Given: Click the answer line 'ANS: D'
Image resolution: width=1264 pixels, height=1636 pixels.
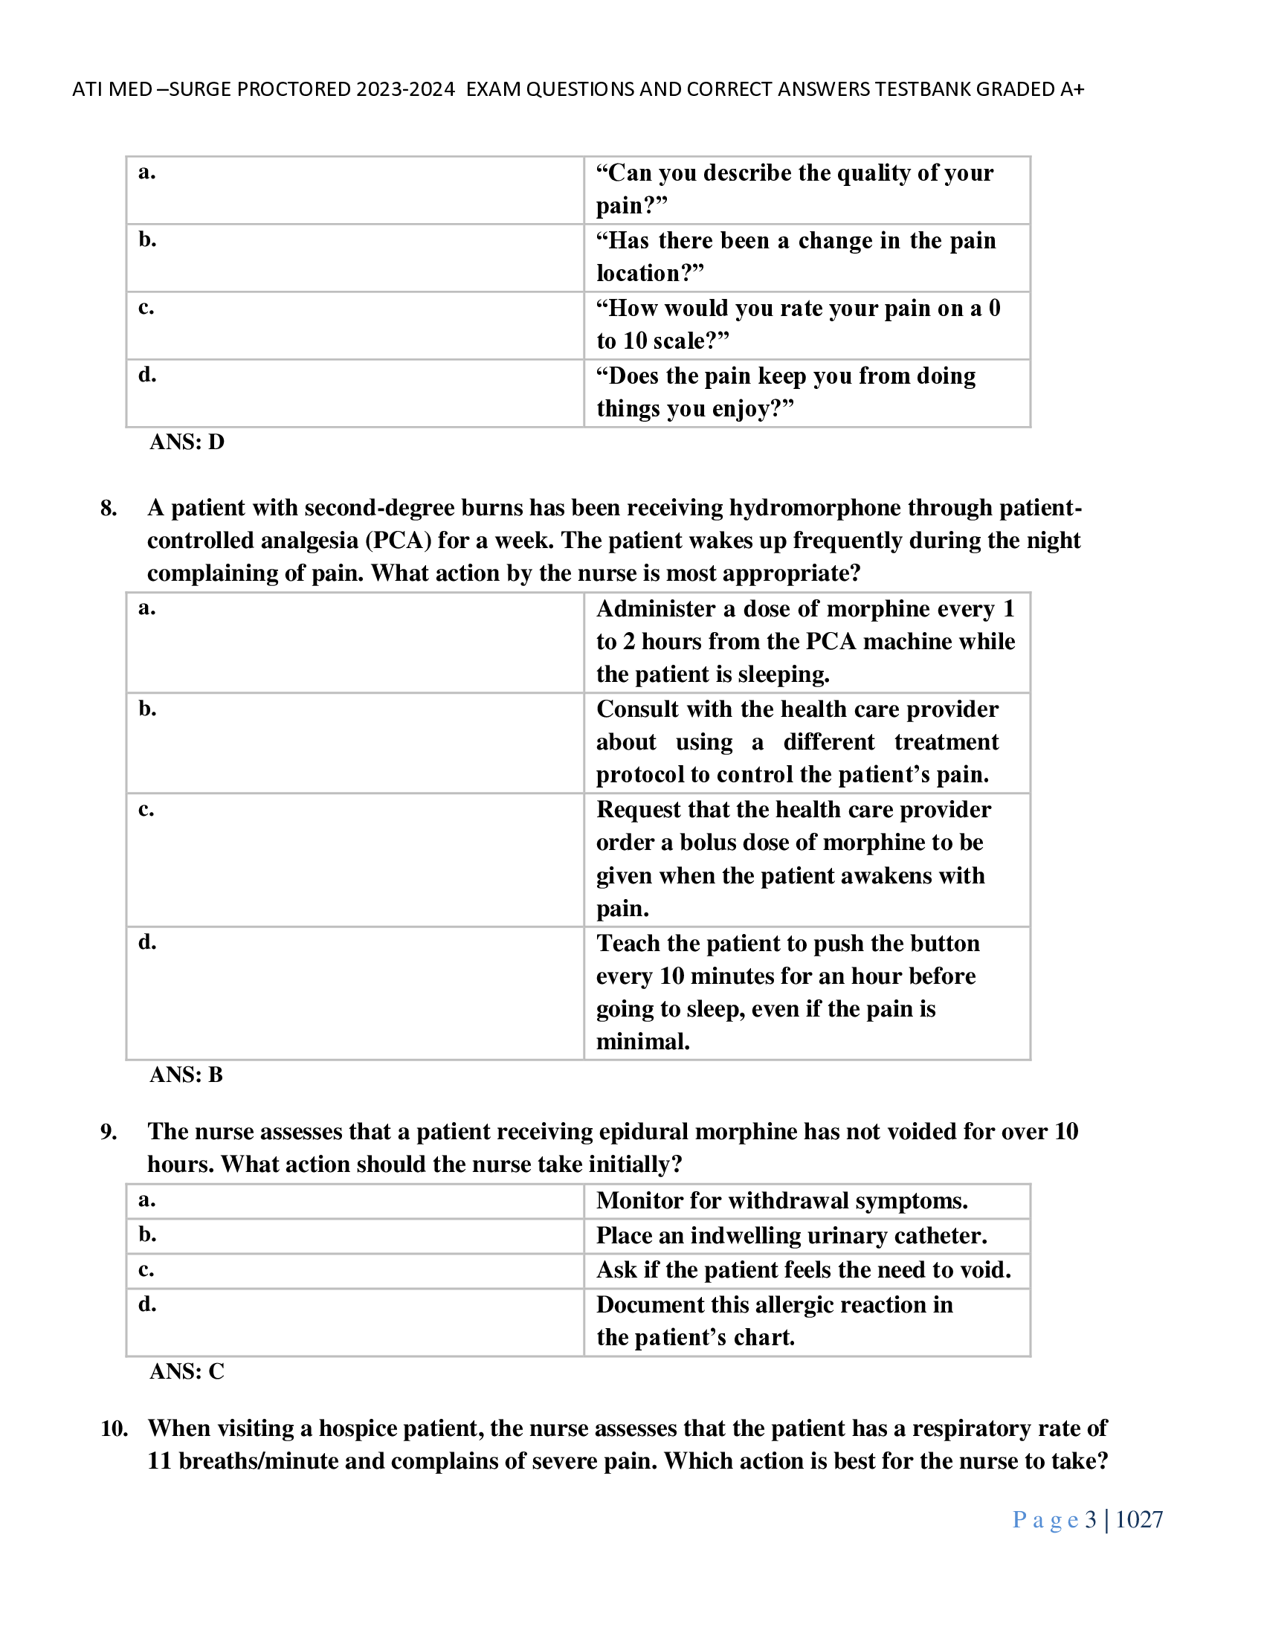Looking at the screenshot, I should coord(187,442).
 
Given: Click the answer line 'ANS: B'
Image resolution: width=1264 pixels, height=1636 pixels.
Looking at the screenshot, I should coord(186,1075).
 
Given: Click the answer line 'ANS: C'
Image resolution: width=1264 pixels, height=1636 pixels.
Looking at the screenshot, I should coord(187,1371).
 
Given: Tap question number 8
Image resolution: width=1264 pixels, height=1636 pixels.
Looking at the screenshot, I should coord(109,508).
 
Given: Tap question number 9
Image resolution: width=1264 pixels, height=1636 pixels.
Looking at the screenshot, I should coord(109,1131).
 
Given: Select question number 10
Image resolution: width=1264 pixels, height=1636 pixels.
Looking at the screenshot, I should coord(114,1429).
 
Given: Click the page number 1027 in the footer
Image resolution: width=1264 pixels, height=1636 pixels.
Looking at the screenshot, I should coord(1139,1520).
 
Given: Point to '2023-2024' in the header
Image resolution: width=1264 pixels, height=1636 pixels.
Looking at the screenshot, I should coord(405,89).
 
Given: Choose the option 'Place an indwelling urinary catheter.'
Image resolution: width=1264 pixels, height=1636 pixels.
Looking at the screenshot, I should coord(792,1235).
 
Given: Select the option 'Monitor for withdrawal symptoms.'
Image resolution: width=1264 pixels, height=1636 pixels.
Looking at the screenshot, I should coord(781,1201).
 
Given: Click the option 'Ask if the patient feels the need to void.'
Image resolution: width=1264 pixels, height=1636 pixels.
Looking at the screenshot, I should coord(804,1269).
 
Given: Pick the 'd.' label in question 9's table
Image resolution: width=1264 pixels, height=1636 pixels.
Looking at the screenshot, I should coord(147,1304).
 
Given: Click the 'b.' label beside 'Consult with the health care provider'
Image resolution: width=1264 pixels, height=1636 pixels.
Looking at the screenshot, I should coord(147,708).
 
